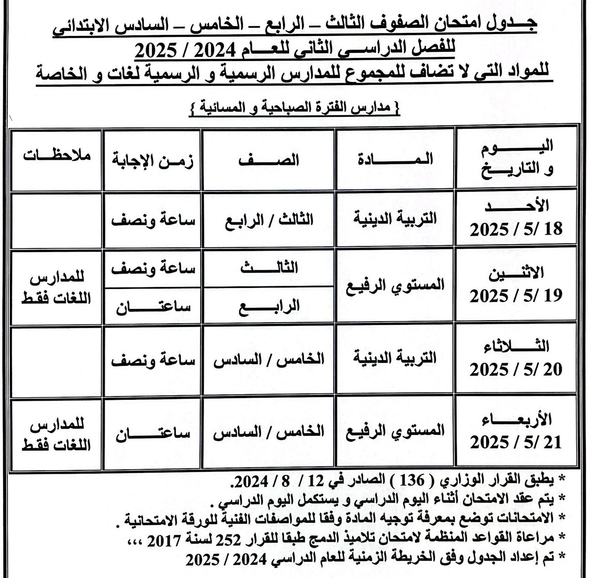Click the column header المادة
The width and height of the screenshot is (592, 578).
395,160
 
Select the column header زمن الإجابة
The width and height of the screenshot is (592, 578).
152,162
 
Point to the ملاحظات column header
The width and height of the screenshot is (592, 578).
57,156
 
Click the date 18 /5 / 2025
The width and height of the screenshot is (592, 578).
516,229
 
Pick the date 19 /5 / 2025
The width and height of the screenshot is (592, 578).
516,296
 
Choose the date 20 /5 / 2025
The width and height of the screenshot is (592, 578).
516,369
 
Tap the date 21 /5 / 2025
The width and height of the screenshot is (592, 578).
516,442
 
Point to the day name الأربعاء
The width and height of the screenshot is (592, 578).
517,420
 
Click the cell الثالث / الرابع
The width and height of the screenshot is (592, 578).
269,220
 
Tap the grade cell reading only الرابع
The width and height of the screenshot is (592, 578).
269,306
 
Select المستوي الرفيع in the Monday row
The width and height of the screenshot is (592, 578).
395,285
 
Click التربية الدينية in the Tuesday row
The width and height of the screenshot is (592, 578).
395,358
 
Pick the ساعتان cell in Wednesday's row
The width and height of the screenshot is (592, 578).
152,432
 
